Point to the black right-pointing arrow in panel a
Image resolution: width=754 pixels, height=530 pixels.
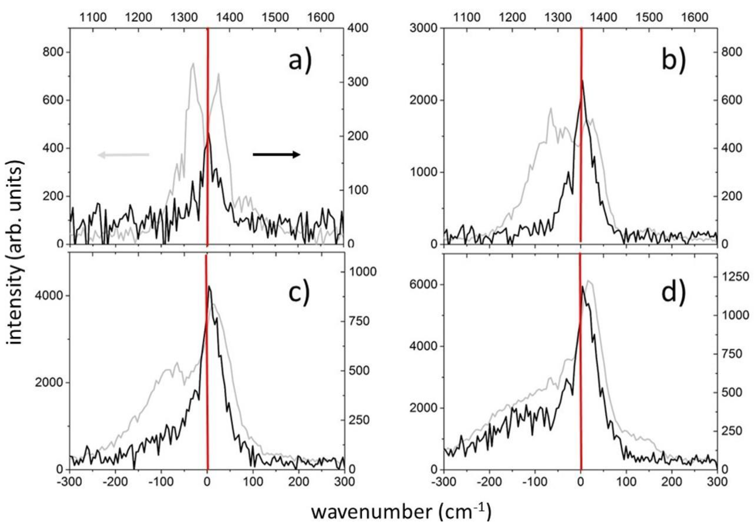(276, 154)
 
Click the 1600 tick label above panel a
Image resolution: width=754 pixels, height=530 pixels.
(321, 16)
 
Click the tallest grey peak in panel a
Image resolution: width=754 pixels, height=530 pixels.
(193, 64)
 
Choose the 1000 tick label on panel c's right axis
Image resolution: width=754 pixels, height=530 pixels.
(362, 271)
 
